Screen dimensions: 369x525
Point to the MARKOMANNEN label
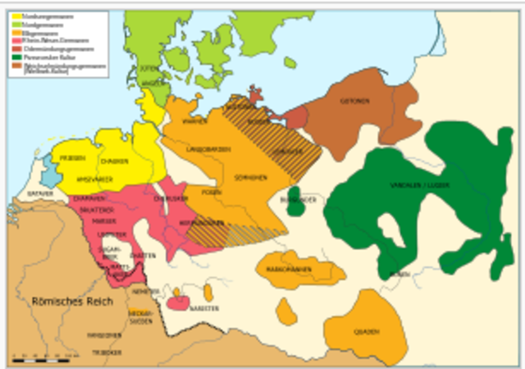(x=287, y=266)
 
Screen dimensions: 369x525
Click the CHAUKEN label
(x=115, y=162)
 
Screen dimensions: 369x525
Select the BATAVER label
(x=39, y=194)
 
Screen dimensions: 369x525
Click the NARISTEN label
(x=205, y=307)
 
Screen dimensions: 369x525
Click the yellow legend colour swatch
(x=16, y=16)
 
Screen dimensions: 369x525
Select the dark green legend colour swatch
(x=16, y=57)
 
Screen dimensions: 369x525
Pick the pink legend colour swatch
(x=16, y=39)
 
